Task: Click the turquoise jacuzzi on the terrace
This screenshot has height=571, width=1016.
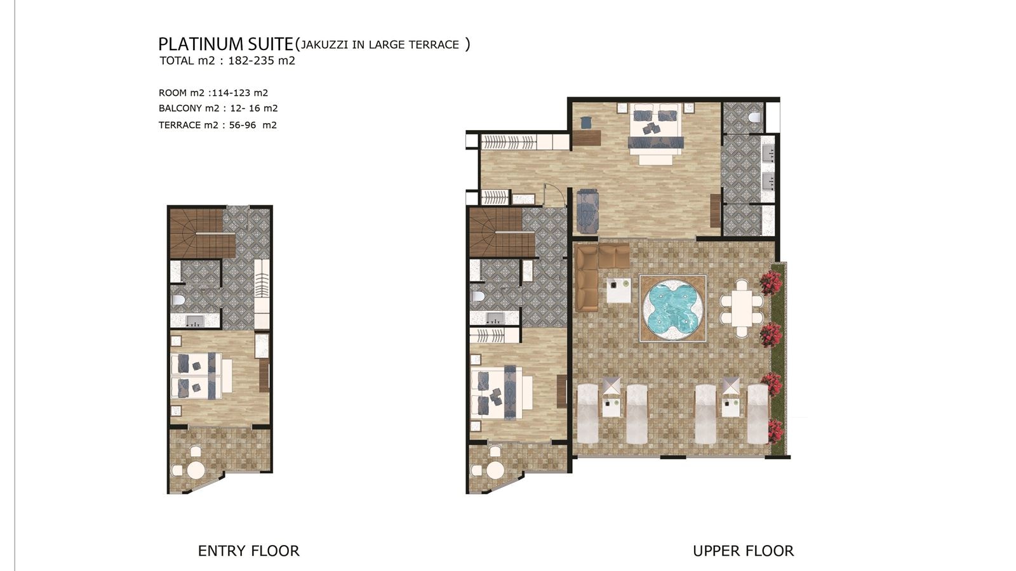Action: click(672, 308)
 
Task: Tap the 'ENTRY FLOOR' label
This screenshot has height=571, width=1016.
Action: click(248, 551)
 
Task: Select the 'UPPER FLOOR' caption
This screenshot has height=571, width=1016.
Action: click(743, 551)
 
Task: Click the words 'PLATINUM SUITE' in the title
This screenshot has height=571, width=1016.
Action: click(225, 44)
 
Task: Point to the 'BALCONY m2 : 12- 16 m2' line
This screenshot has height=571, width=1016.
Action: click(218, 108)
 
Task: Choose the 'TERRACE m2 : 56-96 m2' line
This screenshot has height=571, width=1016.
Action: click(217, 125)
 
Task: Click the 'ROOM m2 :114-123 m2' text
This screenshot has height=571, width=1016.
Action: click(213, 93)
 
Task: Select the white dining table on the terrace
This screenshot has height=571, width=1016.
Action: click(741, 308)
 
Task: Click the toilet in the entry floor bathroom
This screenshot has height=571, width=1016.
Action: click(178, 299)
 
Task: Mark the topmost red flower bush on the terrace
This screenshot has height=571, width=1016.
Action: click(771, 282)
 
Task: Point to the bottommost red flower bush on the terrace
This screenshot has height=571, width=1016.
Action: click(775, 431)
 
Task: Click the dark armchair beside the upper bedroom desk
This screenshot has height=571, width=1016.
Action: click(585, 122)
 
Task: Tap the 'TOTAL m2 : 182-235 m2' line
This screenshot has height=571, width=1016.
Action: click(227, 61)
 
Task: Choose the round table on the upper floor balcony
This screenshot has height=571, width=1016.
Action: click(495, 471)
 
